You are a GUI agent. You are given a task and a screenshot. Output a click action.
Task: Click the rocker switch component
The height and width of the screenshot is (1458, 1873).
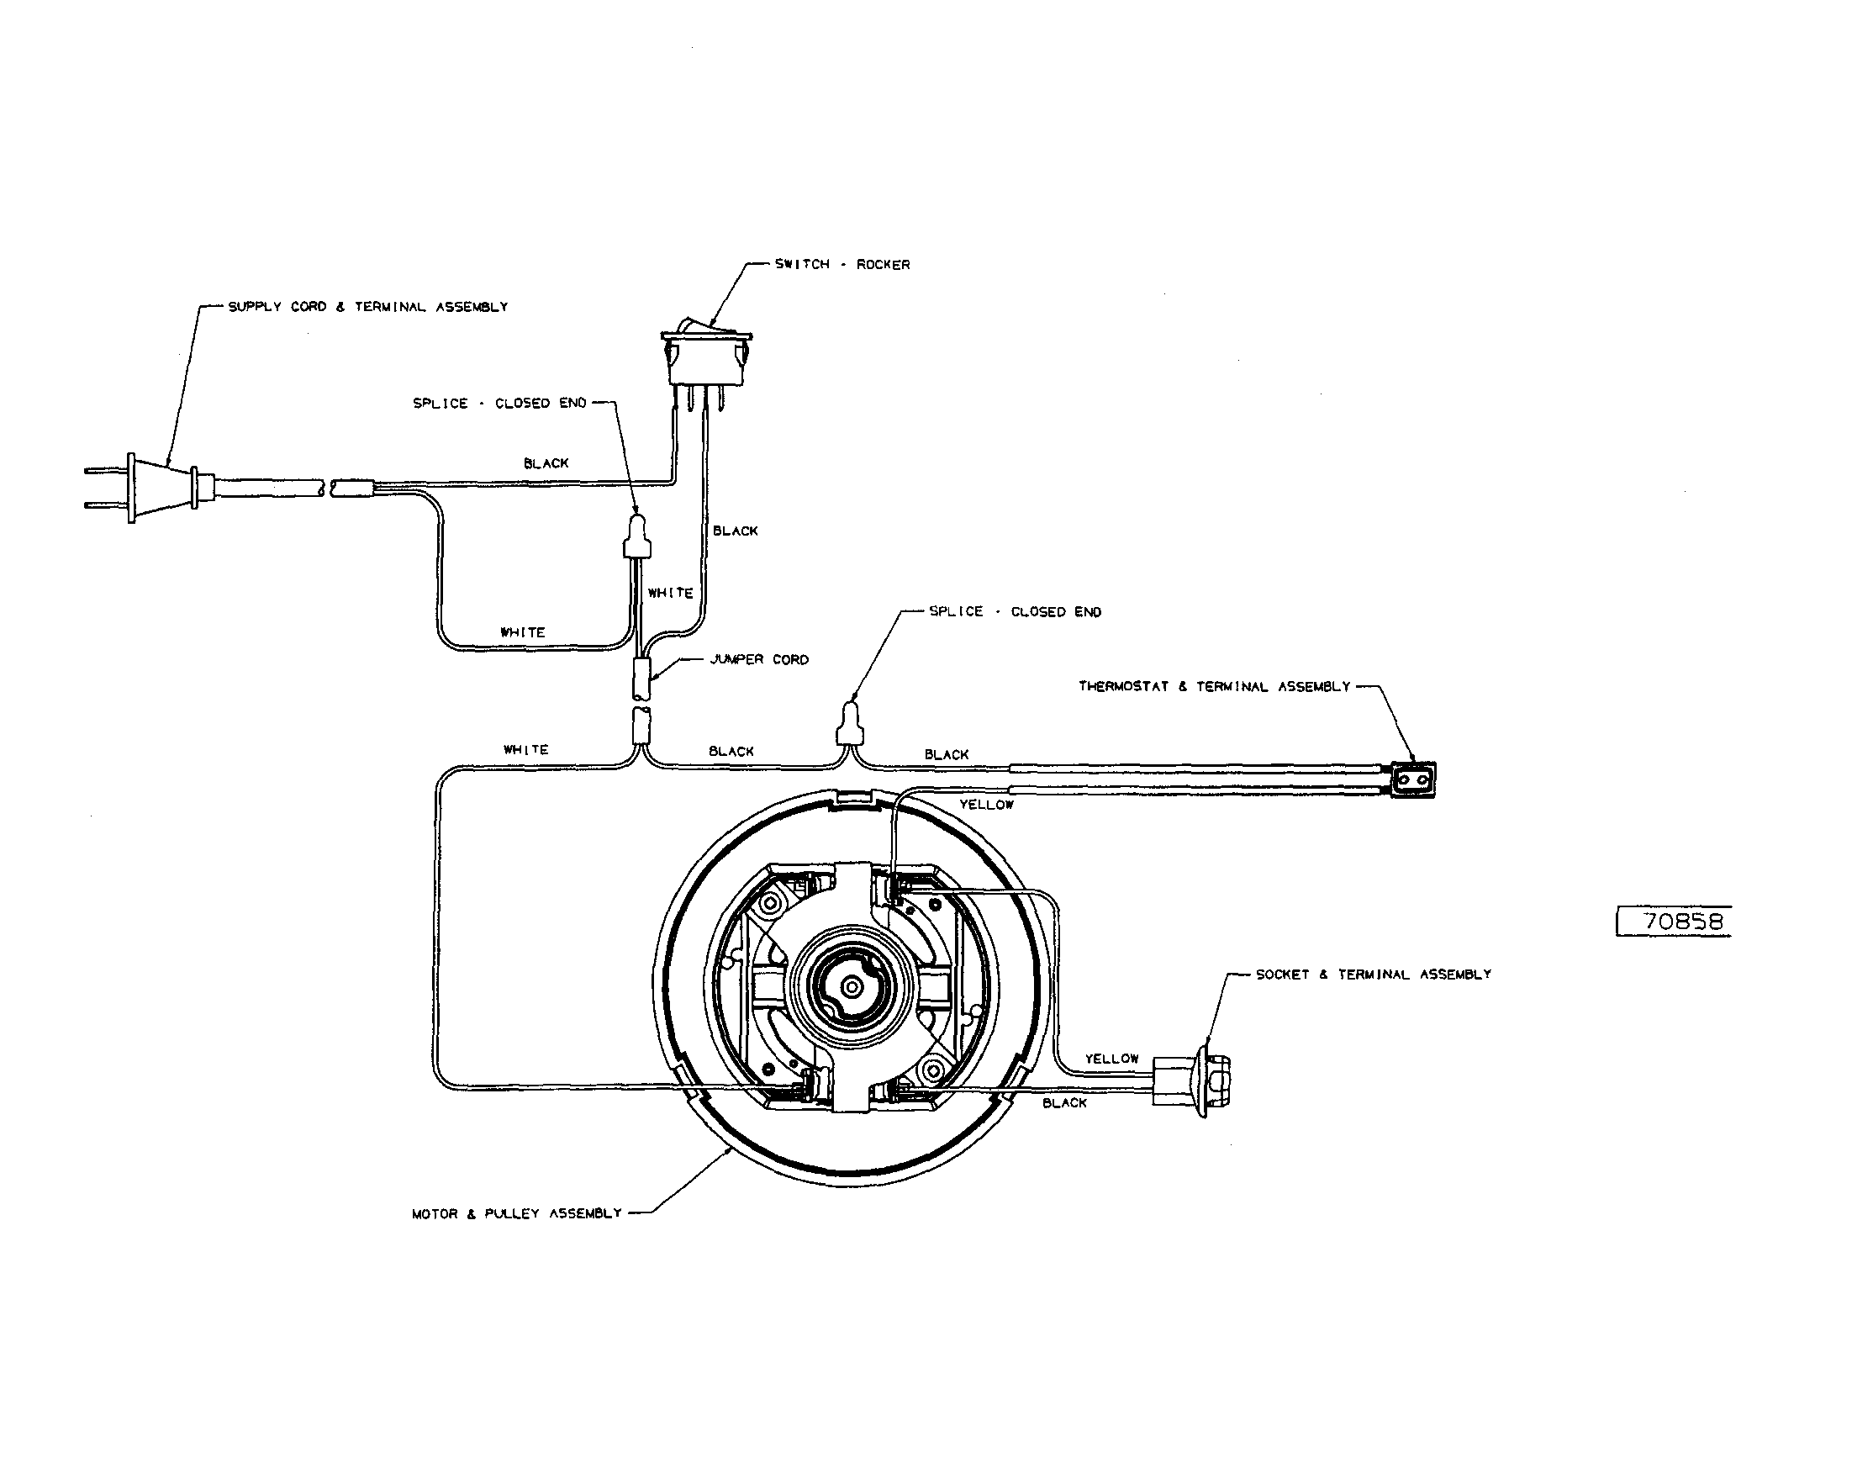[707, 356]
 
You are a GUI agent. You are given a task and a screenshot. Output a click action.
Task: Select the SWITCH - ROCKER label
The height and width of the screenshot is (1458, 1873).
[842, 265]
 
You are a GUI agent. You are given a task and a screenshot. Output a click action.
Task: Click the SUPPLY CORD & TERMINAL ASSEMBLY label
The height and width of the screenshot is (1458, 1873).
[367, 307]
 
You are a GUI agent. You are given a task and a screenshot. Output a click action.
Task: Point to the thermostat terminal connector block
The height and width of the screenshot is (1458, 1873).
[1411, 780]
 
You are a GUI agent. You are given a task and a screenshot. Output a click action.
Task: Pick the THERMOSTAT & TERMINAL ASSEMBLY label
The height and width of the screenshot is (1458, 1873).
[1214, 687]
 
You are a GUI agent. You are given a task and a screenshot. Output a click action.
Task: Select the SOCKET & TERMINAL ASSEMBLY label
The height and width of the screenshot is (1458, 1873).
[1373, 975]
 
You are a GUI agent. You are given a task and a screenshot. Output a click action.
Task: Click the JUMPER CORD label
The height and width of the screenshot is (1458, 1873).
[759, 659]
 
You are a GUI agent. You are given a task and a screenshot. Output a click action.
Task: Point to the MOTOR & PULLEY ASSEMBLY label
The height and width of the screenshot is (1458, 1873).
[516, 1213]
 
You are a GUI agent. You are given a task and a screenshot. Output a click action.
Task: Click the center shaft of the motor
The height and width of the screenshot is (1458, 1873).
[852, 987]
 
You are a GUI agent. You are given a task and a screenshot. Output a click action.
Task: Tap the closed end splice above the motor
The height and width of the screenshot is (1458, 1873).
[849, 726]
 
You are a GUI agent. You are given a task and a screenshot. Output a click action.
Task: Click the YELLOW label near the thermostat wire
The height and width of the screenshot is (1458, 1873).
[985, 805]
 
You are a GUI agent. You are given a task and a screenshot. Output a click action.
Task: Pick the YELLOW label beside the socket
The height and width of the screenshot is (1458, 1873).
[1111, 1059]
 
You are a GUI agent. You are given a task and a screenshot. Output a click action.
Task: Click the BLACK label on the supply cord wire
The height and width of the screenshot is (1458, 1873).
[546, 463]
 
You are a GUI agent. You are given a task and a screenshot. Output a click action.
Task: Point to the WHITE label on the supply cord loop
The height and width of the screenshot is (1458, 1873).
[522, 632]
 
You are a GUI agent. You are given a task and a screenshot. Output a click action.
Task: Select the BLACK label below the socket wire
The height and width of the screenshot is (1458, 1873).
[1064, 1103]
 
